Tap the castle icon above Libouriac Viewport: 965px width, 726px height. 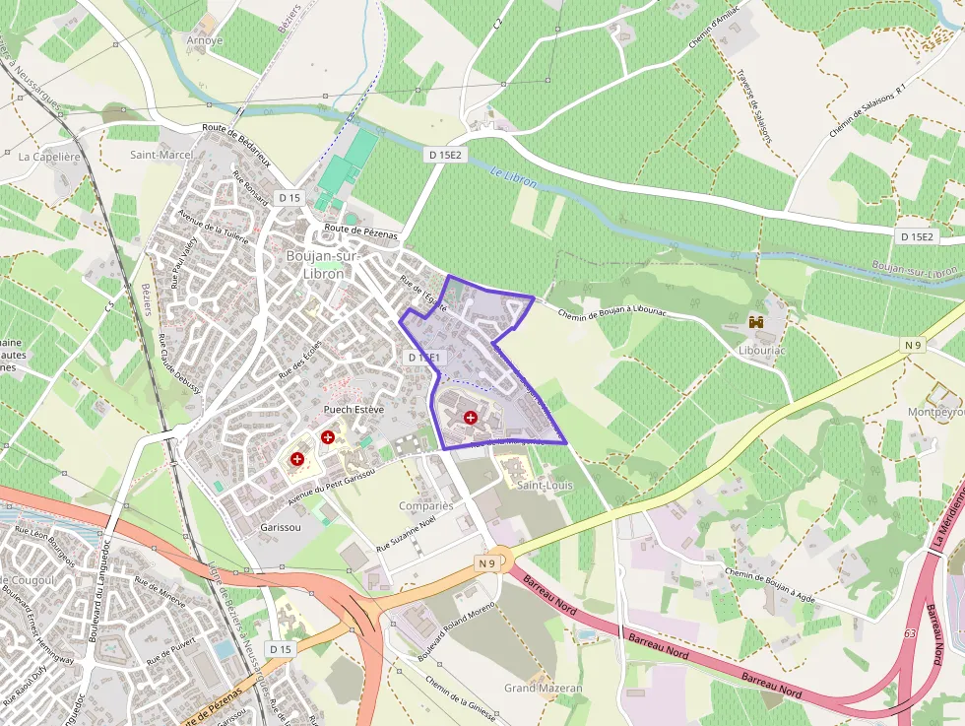coord(757,322)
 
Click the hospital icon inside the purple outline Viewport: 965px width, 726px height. coord(470,418)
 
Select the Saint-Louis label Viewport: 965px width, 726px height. coord(545,485)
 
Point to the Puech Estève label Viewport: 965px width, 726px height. coord(353,409)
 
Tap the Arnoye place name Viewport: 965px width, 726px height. coord(205,40)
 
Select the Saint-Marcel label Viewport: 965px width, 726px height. coord(161,155)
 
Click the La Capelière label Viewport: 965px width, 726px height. coord(48,156)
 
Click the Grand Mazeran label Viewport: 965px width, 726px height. coord(544,688)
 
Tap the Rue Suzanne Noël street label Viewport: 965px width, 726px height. coord(406,534)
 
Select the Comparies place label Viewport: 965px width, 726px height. coord(426,505)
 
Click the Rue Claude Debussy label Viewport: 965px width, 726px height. coord(178,363)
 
